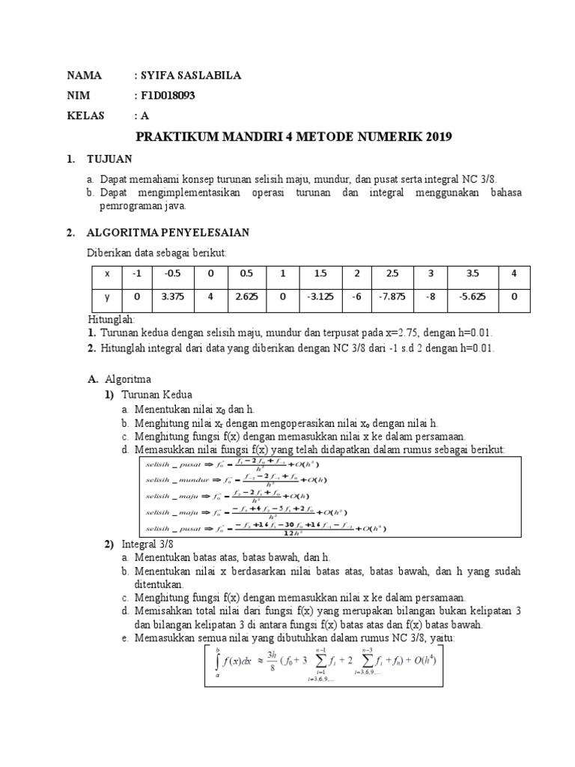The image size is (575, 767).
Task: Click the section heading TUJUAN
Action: click(109, 159)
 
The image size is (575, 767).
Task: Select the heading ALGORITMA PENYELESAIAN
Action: click(168, 233)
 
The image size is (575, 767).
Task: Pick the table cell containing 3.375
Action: click(172, 296)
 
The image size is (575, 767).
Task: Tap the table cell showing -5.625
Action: click(471, 296)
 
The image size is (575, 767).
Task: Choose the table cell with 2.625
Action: click(246, 296)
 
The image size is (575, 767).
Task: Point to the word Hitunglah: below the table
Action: click(111, 320)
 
